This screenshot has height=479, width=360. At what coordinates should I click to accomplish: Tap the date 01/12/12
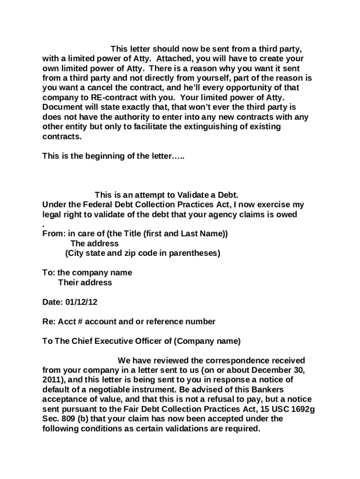point(83,302)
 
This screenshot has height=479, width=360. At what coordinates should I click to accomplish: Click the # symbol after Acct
point(78,322)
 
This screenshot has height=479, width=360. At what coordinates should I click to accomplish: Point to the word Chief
point(82,341)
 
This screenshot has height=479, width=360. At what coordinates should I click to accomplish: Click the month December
point(264,370)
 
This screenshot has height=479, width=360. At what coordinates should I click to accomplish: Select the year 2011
point(51,380)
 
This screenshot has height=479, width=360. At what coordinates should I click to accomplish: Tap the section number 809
point(67,420)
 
